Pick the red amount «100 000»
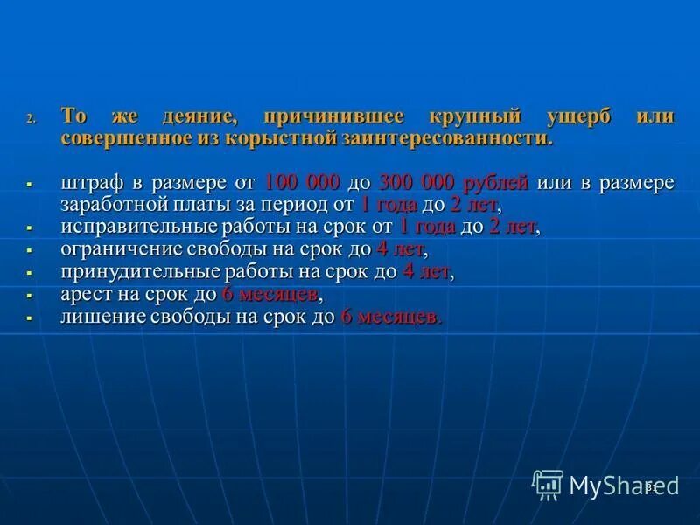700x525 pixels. point(302,183)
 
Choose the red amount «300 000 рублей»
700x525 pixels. point(454,183)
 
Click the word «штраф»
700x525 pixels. point(93,183)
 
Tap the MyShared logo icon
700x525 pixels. point(548,484)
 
